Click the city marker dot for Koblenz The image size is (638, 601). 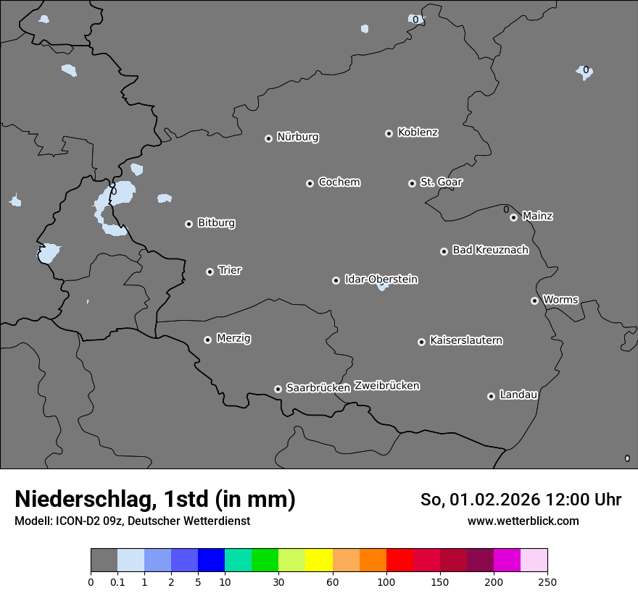coord(389,133)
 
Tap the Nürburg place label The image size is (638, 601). coord(297,137)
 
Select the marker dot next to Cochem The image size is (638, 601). coord(310,183)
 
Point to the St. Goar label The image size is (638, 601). coord(441,182)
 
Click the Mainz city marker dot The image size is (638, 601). coord(513,217)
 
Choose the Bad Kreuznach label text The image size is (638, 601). coord(490,250)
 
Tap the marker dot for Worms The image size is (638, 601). coord(534,300)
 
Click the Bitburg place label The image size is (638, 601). coord(216,223)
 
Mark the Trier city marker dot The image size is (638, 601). coord(210,272)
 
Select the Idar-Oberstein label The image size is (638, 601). coord(381,280)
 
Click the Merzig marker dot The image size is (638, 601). coord(207,340)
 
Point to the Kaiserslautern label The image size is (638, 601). coord(465,340)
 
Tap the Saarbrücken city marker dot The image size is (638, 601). coord(278,389)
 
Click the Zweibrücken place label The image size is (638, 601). coord(386,386)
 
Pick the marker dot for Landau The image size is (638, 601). coord(491,396)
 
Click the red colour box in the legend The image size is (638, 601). coord(399,560)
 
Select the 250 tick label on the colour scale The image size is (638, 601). coord(547,581)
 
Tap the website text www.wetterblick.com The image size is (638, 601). coord(523,521)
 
